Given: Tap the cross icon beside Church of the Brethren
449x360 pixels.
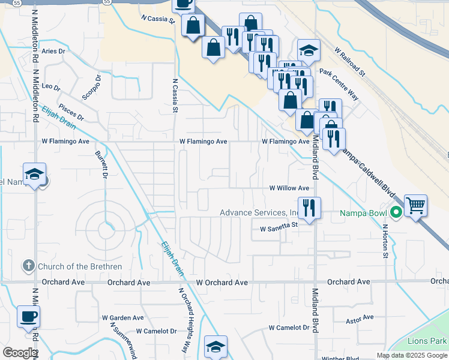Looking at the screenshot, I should [28, 266].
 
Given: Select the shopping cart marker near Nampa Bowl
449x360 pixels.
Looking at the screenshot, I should [415, 206].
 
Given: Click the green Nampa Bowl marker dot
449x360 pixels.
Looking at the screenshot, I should [396, 212].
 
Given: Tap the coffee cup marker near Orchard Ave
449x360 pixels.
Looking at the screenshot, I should [28, 316].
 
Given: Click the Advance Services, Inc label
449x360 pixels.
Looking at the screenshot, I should [259, 213].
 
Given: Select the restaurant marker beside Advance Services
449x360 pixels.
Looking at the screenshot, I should [309, 209].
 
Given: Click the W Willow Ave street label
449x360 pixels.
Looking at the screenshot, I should [289, 188].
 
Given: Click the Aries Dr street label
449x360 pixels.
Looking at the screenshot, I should [53, 52].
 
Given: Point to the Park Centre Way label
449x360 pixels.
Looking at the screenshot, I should [339, 84].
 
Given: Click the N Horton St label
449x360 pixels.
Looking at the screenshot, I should [385, 242].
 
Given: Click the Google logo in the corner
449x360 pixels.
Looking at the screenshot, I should [19, 352].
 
